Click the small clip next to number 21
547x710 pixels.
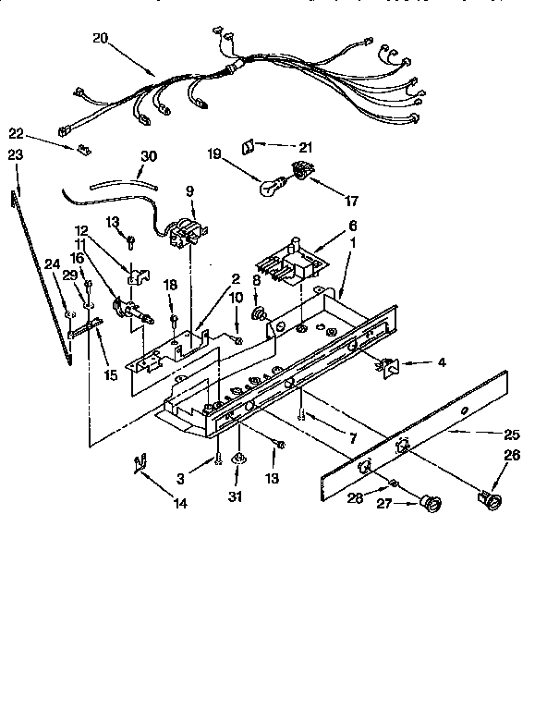pos(249,146)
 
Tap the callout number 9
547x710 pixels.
pos(189,191)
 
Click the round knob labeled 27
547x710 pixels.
pos(427,502)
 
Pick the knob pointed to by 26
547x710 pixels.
pos(490,501)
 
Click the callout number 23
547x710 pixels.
pos(14,156)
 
